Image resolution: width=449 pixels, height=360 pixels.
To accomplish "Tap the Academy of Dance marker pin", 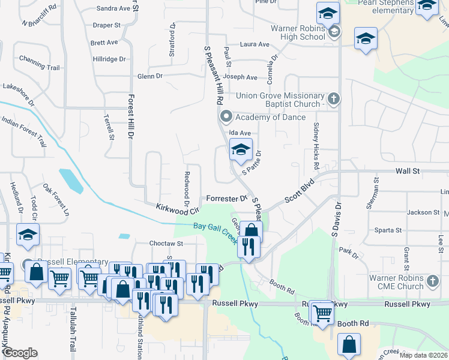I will click(x=226, y=116).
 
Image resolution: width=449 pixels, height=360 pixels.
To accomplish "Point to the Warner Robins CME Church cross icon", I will click(x=433, y=280).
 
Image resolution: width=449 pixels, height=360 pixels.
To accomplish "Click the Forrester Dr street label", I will click(x=227, y=198).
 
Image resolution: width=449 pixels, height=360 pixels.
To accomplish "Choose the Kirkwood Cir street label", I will click(x=178, y=208).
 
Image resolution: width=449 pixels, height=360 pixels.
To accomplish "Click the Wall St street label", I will click(x=407, y=171).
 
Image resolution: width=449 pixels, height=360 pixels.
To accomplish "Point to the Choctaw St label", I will click(x=166, y=244).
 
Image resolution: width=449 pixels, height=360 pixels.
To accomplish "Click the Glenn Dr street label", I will click(x=150, y=76).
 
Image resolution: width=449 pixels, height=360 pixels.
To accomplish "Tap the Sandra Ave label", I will click(x=113, y=9).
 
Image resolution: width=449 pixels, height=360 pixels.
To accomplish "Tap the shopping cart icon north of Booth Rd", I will click(x=322, y=312).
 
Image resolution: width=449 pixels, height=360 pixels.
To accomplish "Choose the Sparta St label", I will click(x=387, y=230).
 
